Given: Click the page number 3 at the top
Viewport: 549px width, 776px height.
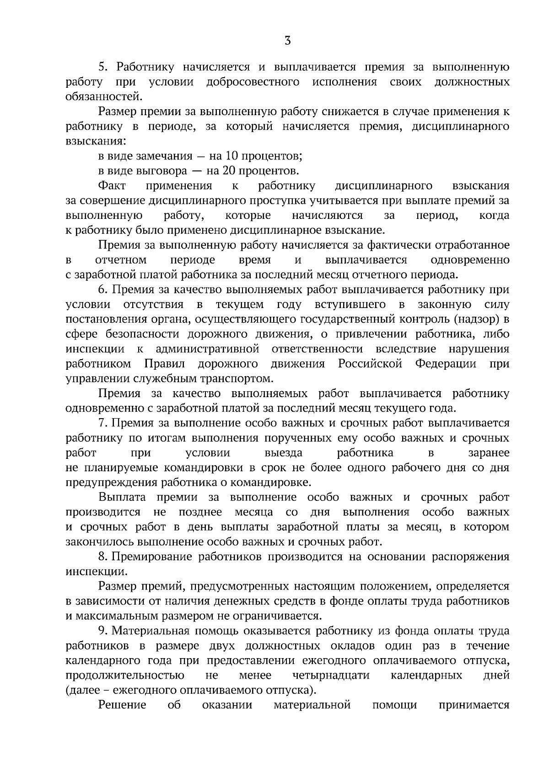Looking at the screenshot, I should click(x=288, y=41).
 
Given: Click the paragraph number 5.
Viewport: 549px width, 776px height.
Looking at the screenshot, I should click(x=102, y=67).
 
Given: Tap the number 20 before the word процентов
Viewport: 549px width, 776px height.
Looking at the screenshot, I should click(x=230, y=171).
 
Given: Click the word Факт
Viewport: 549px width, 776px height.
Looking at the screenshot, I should click(x=112, y=186).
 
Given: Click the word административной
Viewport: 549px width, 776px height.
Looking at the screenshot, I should click(x=208, y=349).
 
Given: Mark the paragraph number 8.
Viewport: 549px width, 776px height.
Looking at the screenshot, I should click(x=102, y=557).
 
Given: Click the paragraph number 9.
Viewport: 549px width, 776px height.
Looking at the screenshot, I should click(x=102, y=631).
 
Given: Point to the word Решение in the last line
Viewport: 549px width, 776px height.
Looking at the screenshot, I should click(x=122, y=705).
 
